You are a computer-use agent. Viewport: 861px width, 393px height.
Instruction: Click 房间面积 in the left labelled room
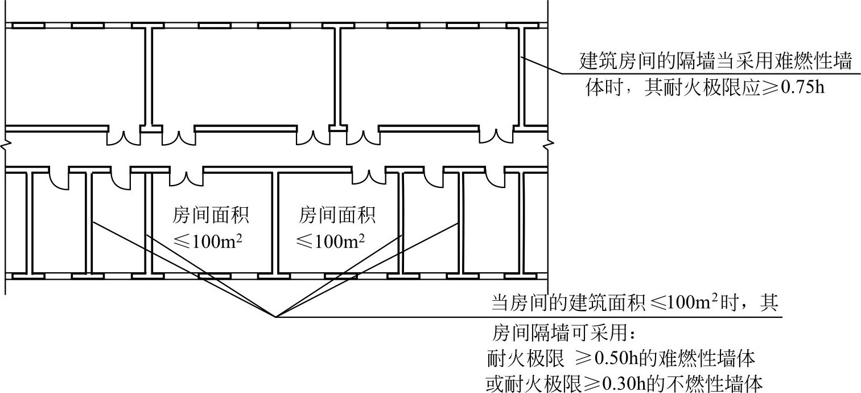[211, 215]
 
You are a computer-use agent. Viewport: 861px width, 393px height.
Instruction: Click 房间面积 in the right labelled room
[337, 215]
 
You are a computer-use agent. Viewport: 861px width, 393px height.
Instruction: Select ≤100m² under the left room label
[208, 241]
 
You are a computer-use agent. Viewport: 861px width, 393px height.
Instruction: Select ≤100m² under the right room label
[331, 241]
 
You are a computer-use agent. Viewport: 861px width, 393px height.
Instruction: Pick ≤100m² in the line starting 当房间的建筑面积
[684, 302]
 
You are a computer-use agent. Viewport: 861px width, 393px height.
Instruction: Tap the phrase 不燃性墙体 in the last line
[715, 383]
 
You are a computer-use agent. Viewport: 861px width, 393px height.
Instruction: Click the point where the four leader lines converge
[275, 317]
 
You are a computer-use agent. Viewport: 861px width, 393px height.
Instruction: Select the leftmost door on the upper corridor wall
[123, 137]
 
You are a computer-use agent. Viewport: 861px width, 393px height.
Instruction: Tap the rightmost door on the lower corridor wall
[495, 178]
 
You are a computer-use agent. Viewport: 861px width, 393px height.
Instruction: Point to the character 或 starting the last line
[496, 383]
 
